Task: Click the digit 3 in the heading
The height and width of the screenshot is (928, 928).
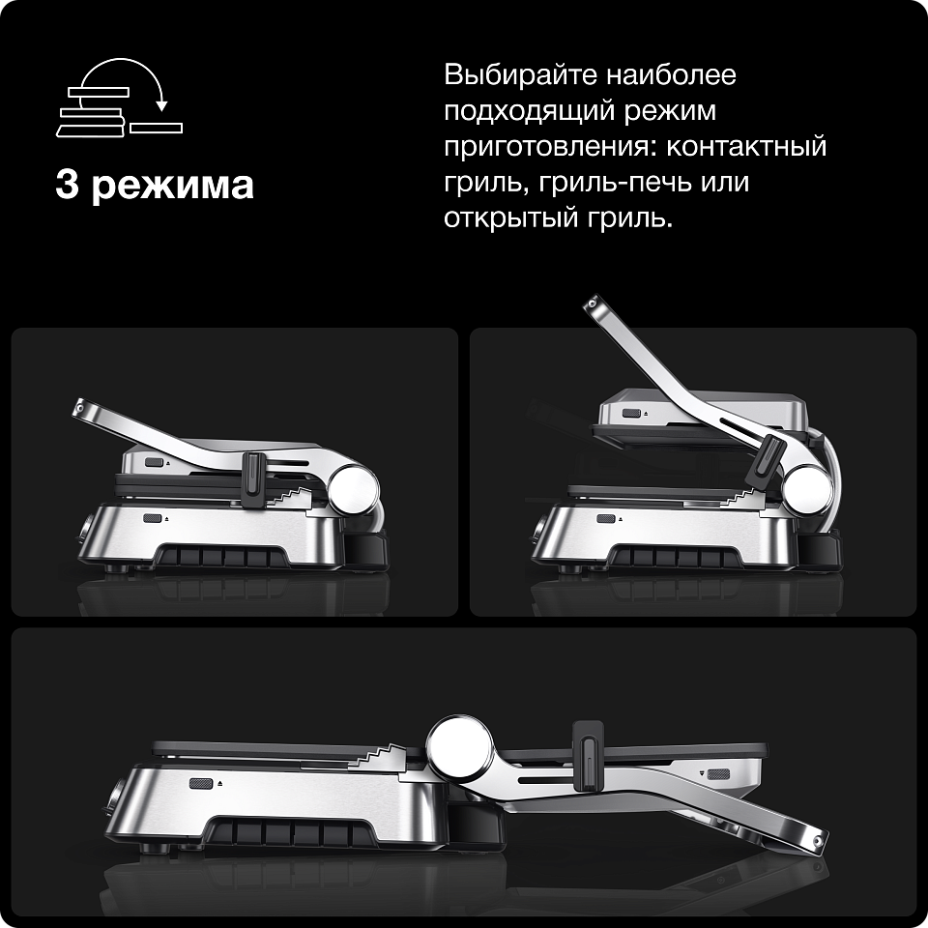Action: pyautogui.click(x=68, y=184)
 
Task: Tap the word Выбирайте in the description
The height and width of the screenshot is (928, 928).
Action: pyautogui.click(x=522, y=75)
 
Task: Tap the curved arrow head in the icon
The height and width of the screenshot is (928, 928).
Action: pyautogui.click(x=161, y=106)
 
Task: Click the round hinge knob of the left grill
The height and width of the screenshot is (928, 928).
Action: pyautogui.click(x=354, y=490)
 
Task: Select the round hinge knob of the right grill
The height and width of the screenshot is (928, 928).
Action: pyautogui.click(x=807, y=489)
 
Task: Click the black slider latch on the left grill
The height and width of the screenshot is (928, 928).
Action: pyautogui.click(x=253, y=480)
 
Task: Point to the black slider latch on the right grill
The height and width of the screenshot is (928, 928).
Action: pyautogui.click(x=766, y=459)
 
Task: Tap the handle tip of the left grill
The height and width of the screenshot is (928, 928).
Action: pyautogui.click(x=80, y=408)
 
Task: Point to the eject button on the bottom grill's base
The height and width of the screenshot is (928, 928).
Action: pyautogui.click(x=201, y=784)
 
